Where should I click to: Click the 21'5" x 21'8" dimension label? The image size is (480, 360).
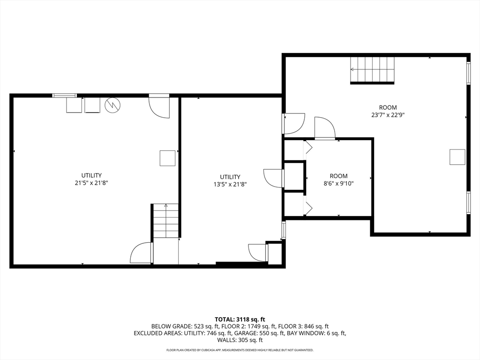[91, 183]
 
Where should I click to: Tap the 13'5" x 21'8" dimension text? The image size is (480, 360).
[230, 185]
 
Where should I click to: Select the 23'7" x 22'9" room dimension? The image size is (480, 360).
[388, 115]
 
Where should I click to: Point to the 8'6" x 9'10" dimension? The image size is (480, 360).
[338, 184]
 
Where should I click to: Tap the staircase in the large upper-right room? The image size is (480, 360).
[372, 70]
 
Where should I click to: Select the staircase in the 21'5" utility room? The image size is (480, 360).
[165, 220]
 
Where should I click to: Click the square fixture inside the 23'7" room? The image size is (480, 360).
[457, 157]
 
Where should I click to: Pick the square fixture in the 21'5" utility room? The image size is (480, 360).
[168, 158]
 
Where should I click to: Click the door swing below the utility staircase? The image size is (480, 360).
[142, 253]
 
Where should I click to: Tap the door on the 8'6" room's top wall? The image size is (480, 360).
[325, 128]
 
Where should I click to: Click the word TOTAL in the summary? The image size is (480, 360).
[225, 320]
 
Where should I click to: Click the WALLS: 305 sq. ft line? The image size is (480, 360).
[240, 340]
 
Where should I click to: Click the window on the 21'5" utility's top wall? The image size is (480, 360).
[64, 96]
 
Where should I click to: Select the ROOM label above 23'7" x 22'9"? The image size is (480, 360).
[388, 107]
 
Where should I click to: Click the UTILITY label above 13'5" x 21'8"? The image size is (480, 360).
[230, 177]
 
